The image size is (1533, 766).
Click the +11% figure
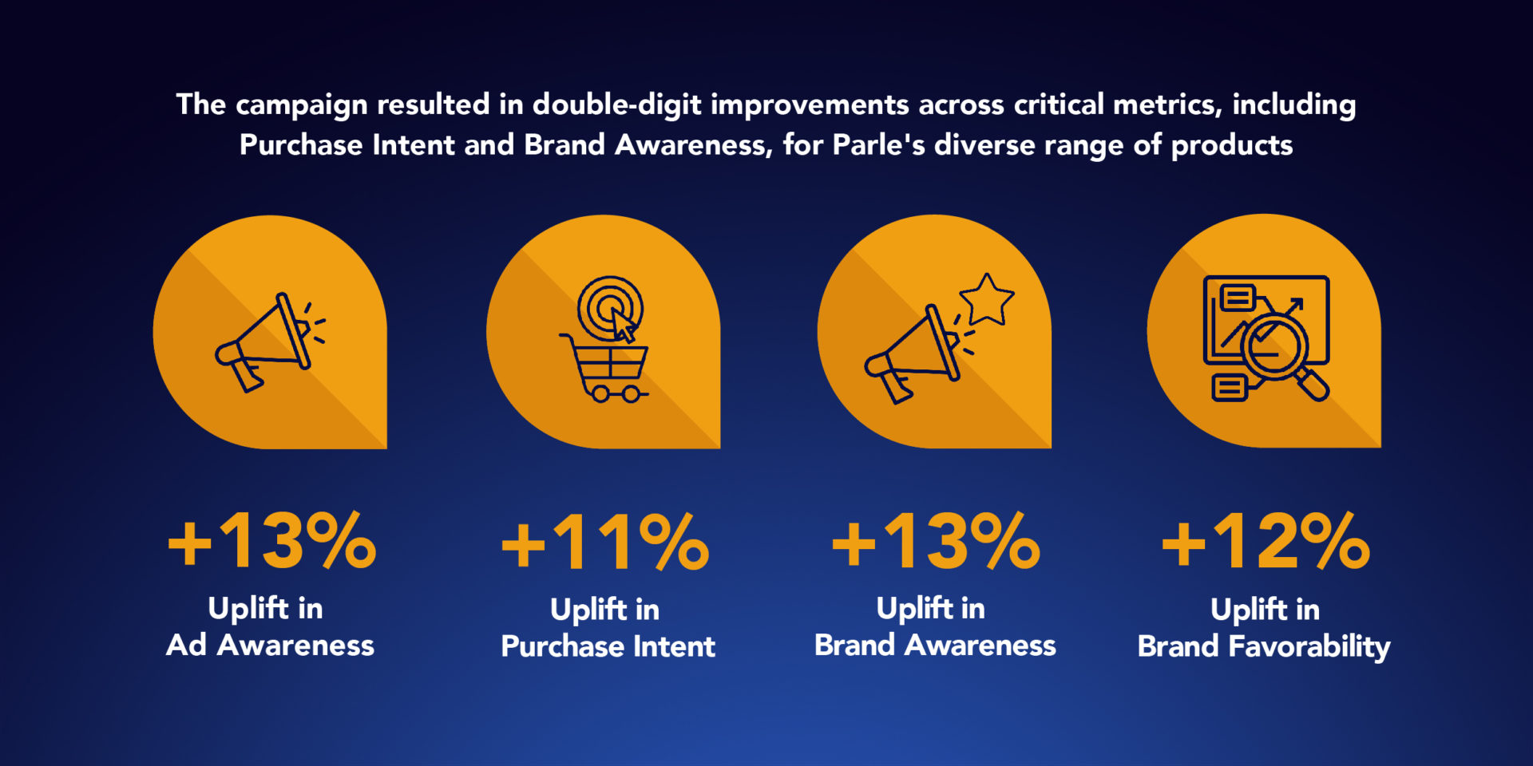[x=605, y=543]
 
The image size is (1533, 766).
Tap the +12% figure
[x=1266, y=543]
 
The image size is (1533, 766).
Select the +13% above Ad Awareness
[x=271, y=543]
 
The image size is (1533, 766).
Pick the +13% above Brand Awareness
[x=936, y=543]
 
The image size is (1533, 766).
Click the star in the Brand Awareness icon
[x=987, y=300]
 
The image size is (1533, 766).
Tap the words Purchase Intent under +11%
[x=608, y=646]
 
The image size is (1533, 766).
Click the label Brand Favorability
[x=1263, y=646]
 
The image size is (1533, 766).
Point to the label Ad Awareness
[x=270, y=645]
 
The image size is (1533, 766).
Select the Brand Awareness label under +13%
[x=935, y=645]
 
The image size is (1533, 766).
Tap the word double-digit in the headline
[x=616, y=105]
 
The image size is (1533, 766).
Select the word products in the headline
[x=1231, y=145]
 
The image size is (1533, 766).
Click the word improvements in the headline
[x=810, y=105]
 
